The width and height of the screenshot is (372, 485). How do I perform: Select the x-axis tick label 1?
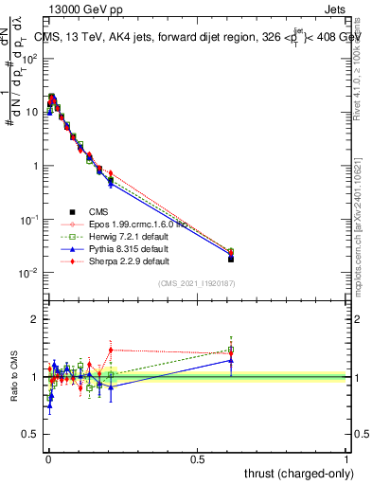(x=346, y=458)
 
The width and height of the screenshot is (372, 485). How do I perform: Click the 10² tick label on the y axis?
(x=30, y=58)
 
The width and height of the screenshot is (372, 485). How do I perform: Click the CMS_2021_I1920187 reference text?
(x=196, y=283)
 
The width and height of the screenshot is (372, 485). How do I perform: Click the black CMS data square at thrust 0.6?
(x=231, y=259)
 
